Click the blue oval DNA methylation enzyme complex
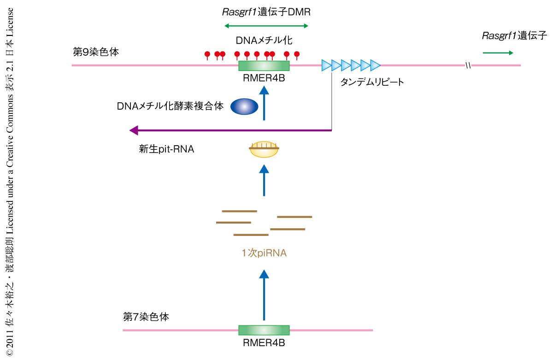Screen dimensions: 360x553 click(x=245, y=106)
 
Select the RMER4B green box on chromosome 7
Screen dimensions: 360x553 click(x=264, y=330)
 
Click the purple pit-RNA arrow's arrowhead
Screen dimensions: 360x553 click(x=134, y=130)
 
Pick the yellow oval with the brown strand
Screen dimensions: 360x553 click(x=264, y=149)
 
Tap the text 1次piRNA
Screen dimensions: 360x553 click(x=264, y=253)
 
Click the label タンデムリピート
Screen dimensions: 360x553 click(x=372, y=83)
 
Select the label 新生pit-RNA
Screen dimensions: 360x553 click(x=166, y=149)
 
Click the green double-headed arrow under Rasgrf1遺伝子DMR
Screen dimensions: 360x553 click(x=265, y=25)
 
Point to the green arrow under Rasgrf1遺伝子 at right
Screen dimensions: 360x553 click(x=498, y=53)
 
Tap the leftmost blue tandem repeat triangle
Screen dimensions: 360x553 click(x=326, y=65)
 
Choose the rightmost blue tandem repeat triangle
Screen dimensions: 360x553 click(x=375, y=65)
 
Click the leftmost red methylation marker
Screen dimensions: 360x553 click(x=207, y=55)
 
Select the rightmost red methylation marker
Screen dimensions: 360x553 click(x=297, y=55)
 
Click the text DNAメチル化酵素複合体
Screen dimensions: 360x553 click(x=170, y=106)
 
